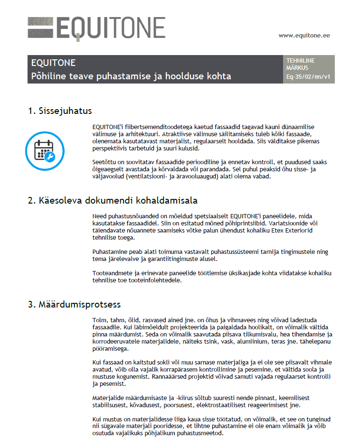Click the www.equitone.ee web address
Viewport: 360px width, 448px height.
(x=304, y=35)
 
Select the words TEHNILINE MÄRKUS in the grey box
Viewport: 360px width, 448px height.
(x=300, y=64)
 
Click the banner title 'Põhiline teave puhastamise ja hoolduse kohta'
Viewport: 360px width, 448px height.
(x=131, y=76)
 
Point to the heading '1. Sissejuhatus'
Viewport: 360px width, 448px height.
(x=60, y=111)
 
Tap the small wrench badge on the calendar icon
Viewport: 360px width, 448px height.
(x=49, y=157)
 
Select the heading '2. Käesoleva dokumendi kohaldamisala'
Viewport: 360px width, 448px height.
(x=113, y=200)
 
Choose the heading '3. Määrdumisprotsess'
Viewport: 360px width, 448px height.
(x=74, y=304)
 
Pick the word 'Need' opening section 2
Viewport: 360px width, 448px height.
(x=99, y=216)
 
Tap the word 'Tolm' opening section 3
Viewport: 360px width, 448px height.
(x=99, y=320)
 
